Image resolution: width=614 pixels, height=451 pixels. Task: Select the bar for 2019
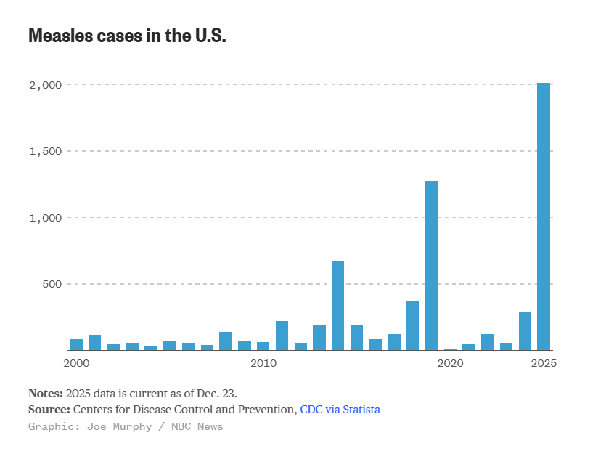[431, 265]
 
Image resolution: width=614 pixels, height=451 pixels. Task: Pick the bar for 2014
[337, 306]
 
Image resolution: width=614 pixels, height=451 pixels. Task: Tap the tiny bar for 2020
[450, 349]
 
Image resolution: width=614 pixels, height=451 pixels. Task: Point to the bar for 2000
[76, 345]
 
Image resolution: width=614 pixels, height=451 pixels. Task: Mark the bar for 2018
[412, 325]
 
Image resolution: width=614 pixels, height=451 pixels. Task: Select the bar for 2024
[525, 331]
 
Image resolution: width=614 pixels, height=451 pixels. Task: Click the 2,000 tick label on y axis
[45, 85]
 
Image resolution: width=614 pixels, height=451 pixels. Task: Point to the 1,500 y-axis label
[45, 151]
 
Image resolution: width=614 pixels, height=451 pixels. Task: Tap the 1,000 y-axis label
[45, 218]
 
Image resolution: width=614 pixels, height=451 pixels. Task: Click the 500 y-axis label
[52, 284]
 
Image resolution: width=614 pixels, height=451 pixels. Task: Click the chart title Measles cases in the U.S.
[127, 35]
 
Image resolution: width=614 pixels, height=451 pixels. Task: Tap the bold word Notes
[45, 393]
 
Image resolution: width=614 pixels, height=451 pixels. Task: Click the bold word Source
[49, 410]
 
